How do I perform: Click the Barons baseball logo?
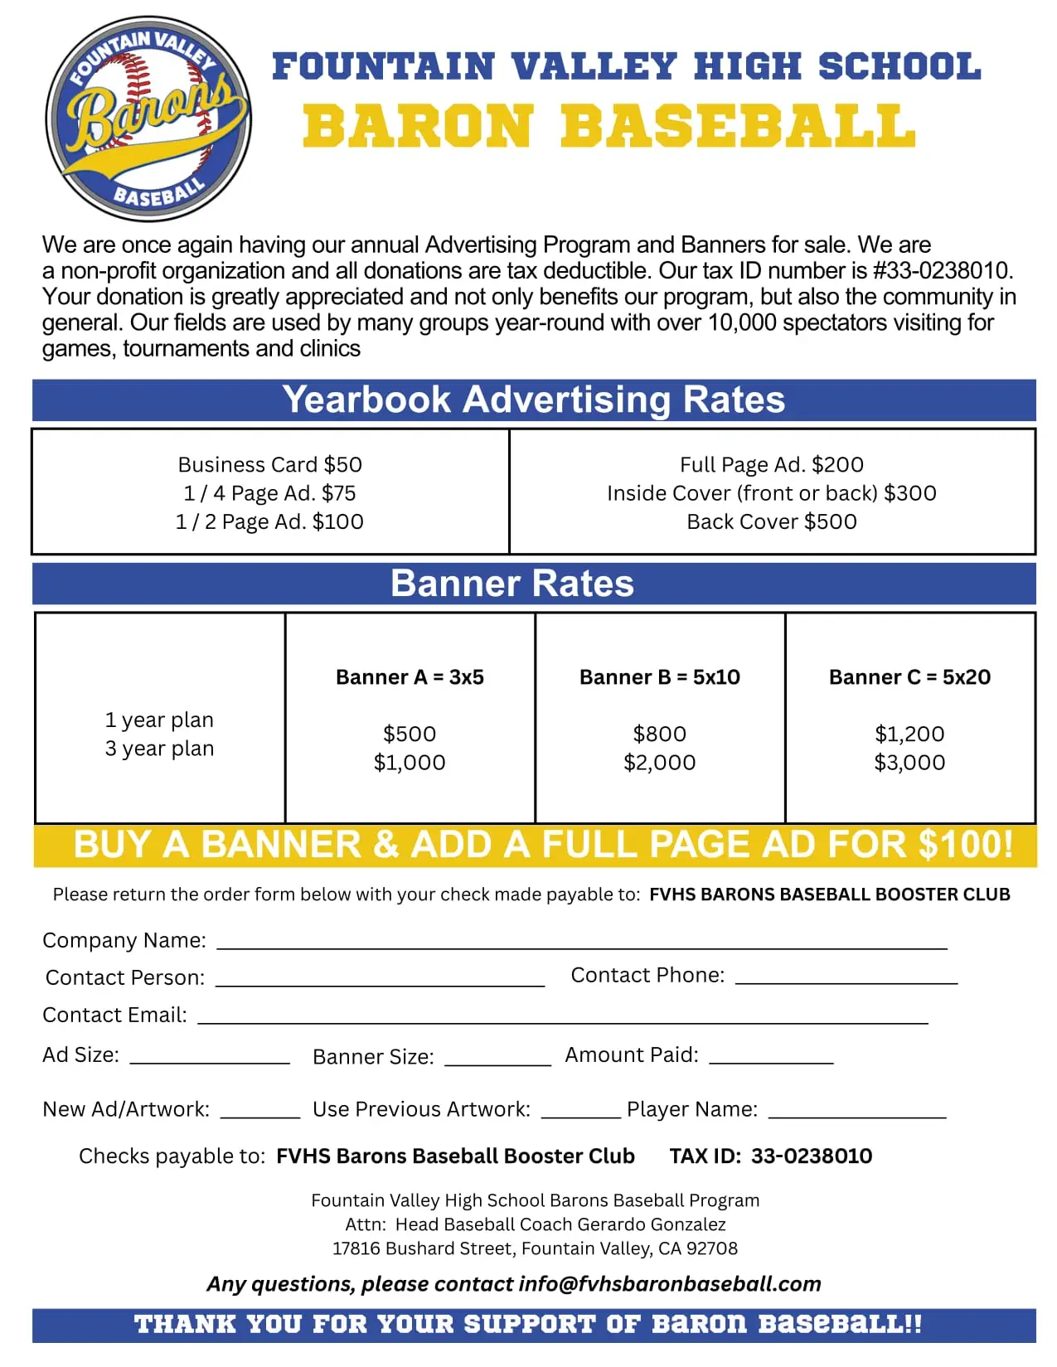[148, 119]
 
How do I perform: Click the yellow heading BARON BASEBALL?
[609, 127]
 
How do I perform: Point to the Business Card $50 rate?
[269, 464]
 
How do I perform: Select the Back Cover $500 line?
[771, 521]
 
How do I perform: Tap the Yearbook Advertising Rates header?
[533, 400]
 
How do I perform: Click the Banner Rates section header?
[512, 584]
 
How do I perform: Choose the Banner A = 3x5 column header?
[410, 677]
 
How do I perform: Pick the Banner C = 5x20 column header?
[909, 677]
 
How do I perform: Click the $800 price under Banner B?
[659, 734]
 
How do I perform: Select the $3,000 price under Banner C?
[909, 763]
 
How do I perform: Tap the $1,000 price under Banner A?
[410, 763]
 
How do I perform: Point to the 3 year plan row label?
[159, 749]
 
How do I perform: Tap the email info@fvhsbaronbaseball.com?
[669, 1284]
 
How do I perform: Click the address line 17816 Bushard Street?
[535, 1248]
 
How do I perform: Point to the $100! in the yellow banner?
[966, 845]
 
